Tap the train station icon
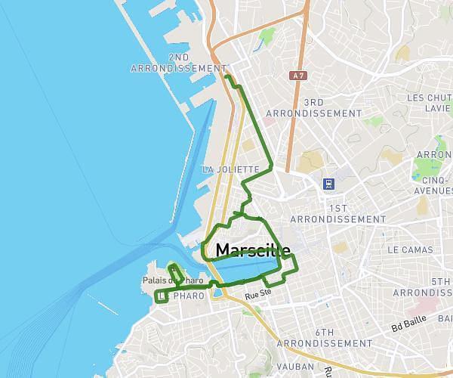pos(329,183)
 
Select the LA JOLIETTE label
pos(231,169)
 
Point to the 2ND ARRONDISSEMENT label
pos(179,63)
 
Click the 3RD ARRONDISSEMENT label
pos(331,107)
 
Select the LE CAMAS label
pos(410,249)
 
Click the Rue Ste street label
pos(258,293)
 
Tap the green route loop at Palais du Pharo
pos(175,270)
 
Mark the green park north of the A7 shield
pos(267,36)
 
